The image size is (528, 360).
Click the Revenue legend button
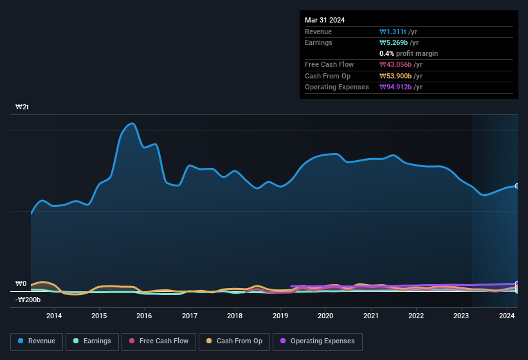tap(37, 341)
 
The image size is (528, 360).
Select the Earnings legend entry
tap(93, 341)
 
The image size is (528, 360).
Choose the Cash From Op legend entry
tap(235, 341)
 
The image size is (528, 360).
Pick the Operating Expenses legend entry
tap(318, 341)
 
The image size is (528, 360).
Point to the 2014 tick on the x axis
tap(54, 316)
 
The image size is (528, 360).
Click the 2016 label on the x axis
tap(144, 316)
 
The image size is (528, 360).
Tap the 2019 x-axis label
tap(280, 316)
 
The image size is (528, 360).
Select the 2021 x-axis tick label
tap(370, 316)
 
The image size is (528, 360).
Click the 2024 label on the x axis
tap(507, 316)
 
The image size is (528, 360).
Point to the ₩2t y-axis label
tap(23, 107)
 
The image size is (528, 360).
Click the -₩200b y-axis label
tap(28, 300)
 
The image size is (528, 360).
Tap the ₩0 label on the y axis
tap(21, 283)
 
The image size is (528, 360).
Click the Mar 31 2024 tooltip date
tap(325, 20)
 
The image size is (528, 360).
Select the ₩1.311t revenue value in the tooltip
tap(392, 32)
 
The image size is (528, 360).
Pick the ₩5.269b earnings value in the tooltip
tap(394, 42)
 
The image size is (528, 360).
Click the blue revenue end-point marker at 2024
tap(517, 186)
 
